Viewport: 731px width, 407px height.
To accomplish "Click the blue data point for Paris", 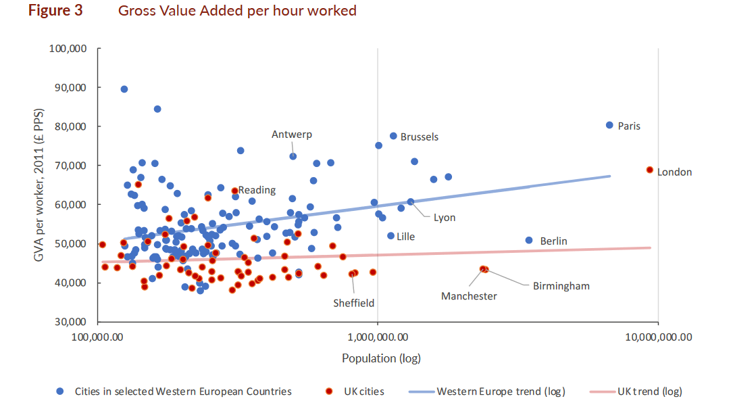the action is pos(609,125).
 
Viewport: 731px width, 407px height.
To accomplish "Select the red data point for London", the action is pos(650,170).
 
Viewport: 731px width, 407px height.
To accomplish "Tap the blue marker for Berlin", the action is pos(529,241).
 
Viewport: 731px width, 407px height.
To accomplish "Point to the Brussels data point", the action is pos(393,136).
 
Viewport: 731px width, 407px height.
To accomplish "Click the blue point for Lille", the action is pos(390,236).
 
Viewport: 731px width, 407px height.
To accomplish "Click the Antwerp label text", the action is pos(292,135).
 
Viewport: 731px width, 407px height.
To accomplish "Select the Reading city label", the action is pos(257,190).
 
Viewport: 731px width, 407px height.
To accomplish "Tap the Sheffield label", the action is pos(353,303).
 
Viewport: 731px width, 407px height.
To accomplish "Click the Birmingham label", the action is pos(561,286).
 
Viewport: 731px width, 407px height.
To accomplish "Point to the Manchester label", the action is pos(469,296).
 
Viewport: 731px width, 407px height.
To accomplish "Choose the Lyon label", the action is pos(445,218).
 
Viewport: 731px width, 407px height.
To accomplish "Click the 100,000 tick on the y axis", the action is pos(68,49).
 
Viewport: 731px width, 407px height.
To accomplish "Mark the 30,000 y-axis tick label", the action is pos(70,322).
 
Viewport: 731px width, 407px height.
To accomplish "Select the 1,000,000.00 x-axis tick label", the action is pos(378,337).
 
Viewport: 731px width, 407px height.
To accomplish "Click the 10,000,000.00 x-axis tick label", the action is pos(658,337).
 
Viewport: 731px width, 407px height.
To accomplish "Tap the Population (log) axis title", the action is pos(381,358).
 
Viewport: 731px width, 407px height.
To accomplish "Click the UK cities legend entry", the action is pos(355,391).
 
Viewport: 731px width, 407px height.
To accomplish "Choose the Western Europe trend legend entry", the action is pos(486,391).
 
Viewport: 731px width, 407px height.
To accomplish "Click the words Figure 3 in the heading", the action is pos(55,10).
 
